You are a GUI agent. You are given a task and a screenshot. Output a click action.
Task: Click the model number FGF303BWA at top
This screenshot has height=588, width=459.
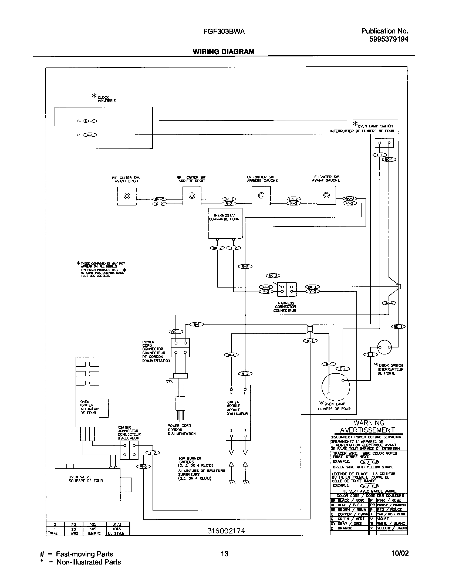[224, 32]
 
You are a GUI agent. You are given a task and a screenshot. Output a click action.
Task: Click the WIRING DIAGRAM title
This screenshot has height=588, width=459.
[224, 52]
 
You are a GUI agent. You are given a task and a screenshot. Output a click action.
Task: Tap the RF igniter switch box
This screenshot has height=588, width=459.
[127, 196]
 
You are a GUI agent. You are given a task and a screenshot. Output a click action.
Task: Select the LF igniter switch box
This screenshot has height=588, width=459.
[326, 195]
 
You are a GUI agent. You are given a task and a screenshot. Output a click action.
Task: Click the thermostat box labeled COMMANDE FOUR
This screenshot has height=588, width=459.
[225, 223]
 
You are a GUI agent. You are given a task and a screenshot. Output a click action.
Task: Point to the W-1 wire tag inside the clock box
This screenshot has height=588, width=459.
[89, 135]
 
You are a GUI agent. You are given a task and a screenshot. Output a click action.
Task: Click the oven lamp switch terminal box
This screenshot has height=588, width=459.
[384, 143]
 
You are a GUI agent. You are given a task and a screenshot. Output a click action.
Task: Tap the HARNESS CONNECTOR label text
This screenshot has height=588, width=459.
[285, 307]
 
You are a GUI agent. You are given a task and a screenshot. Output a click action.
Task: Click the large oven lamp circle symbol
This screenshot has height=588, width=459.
[336, 387]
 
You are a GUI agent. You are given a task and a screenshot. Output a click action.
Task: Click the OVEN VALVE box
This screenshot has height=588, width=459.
[87, 485]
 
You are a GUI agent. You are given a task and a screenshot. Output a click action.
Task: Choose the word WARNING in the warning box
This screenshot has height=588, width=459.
[369, 423]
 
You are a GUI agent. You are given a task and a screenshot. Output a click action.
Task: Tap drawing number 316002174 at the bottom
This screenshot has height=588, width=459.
[226, 531]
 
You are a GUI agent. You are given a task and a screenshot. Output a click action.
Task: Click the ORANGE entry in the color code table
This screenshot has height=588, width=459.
[345, 528]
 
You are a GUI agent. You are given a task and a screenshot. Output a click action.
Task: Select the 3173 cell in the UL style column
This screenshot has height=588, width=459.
[118, 524]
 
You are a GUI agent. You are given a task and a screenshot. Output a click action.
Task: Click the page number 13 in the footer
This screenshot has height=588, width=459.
[224, 553]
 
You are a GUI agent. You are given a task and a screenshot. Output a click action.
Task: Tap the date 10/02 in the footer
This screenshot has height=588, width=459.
[400, 553]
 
